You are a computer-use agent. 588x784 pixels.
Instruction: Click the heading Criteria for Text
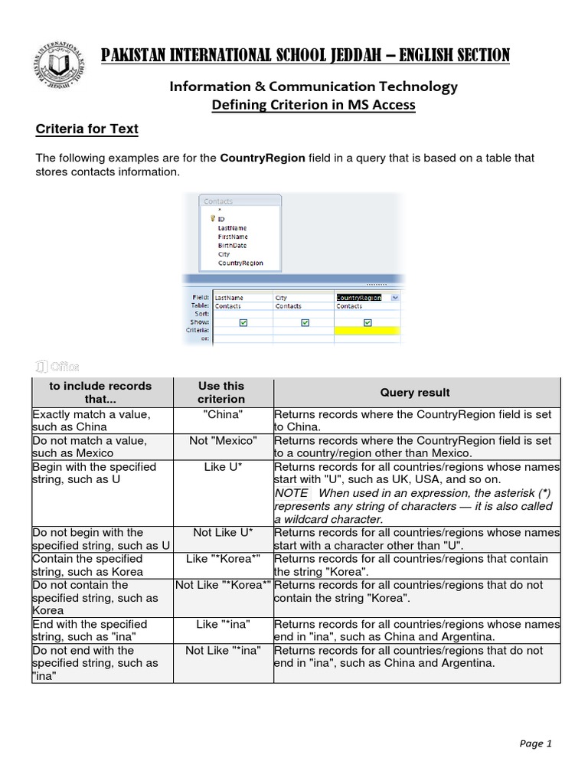(x=87, y=129)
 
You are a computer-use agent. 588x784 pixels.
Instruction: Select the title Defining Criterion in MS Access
(x=313, y=105)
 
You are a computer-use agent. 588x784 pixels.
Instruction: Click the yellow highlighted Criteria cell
(x=367, y=330)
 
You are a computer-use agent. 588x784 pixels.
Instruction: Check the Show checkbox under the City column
(x=304, y=322)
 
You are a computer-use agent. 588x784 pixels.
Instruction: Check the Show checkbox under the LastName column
(x=243, y=322)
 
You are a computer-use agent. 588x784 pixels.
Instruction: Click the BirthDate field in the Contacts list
(x=233, y=245)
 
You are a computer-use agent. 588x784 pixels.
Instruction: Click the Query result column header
(x=415, y=392)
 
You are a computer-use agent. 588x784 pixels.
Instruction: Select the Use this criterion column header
(x=221, y=392)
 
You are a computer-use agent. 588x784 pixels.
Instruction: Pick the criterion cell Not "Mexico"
(x=223, y=440)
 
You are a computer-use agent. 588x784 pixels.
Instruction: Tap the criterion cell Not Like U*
(x=223, y=532)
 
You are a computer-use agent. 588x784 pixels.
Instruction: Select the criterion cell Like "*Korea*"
(x=223, y=558)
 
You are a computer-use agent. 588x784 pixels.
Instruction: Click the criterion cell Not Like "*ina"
(x=223, y=650)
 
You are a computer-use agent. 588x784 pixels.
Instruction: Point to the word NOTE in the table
(x=292, y=493)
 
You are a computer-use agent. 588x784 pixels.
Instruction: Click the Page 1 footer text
(x=535, y=743)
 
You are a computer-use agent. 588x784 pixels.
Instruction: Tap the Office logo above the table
(x=57, y=366)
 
